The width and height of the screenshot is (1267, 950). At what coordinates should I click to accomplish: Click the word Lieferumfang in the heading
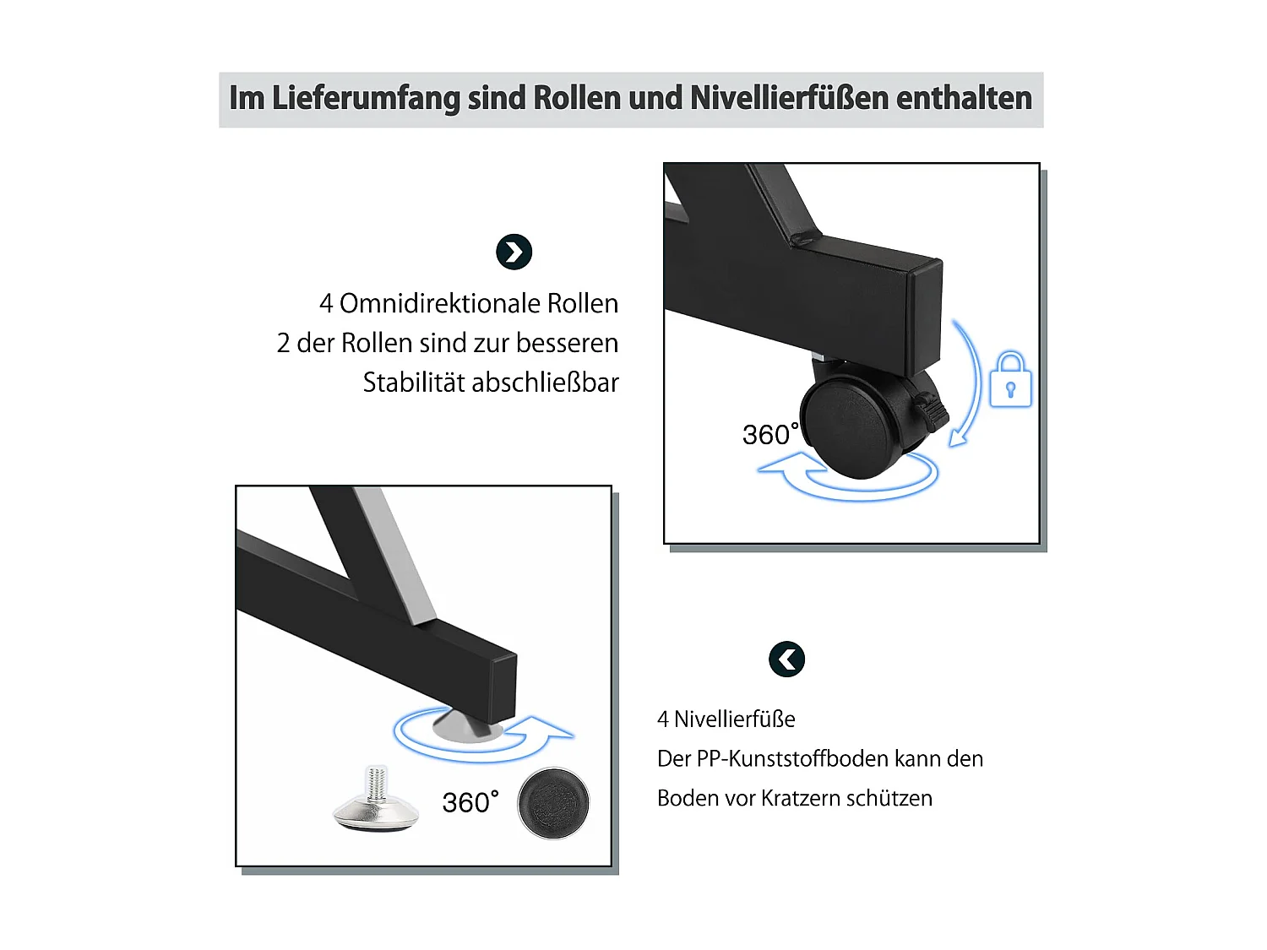[x=366, y=98]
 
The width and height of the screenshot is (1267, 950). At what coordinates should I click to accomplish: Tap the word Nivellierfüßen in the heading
[x=789, y=97]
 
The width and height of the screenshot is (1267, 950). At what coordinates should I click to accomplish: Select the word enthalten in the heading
[x=964, y=97]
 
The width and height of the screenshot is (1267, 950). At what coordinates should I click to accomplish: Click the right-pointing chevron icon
[x=514, y=252]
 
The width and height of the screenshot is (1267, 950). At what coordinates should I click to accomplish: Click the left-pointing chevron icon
[x=786, y=659]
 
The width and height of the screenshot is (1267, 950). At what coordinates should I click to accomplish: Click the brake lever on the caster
[x=933, y=410]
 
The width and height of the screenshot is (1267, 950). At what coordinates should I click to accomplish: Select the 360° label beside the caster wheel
[x=770, y=434]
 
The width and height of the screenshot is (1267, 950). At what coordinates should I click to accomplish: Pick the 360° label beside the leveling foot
[x=470, y=801]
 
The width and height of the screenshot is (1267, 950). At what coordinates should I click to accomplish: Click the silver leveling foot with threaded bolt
[x=377, y=799]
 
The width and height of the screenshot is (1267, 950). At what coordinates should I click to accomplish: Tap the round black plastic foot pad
[x=553, y=803]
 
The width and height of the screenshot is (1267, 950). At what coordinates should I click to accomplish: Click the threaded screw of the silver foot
[x=377, y=782]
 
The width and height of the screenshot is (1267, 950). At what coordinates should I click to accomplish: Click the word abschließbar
[x=545, y=382]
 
